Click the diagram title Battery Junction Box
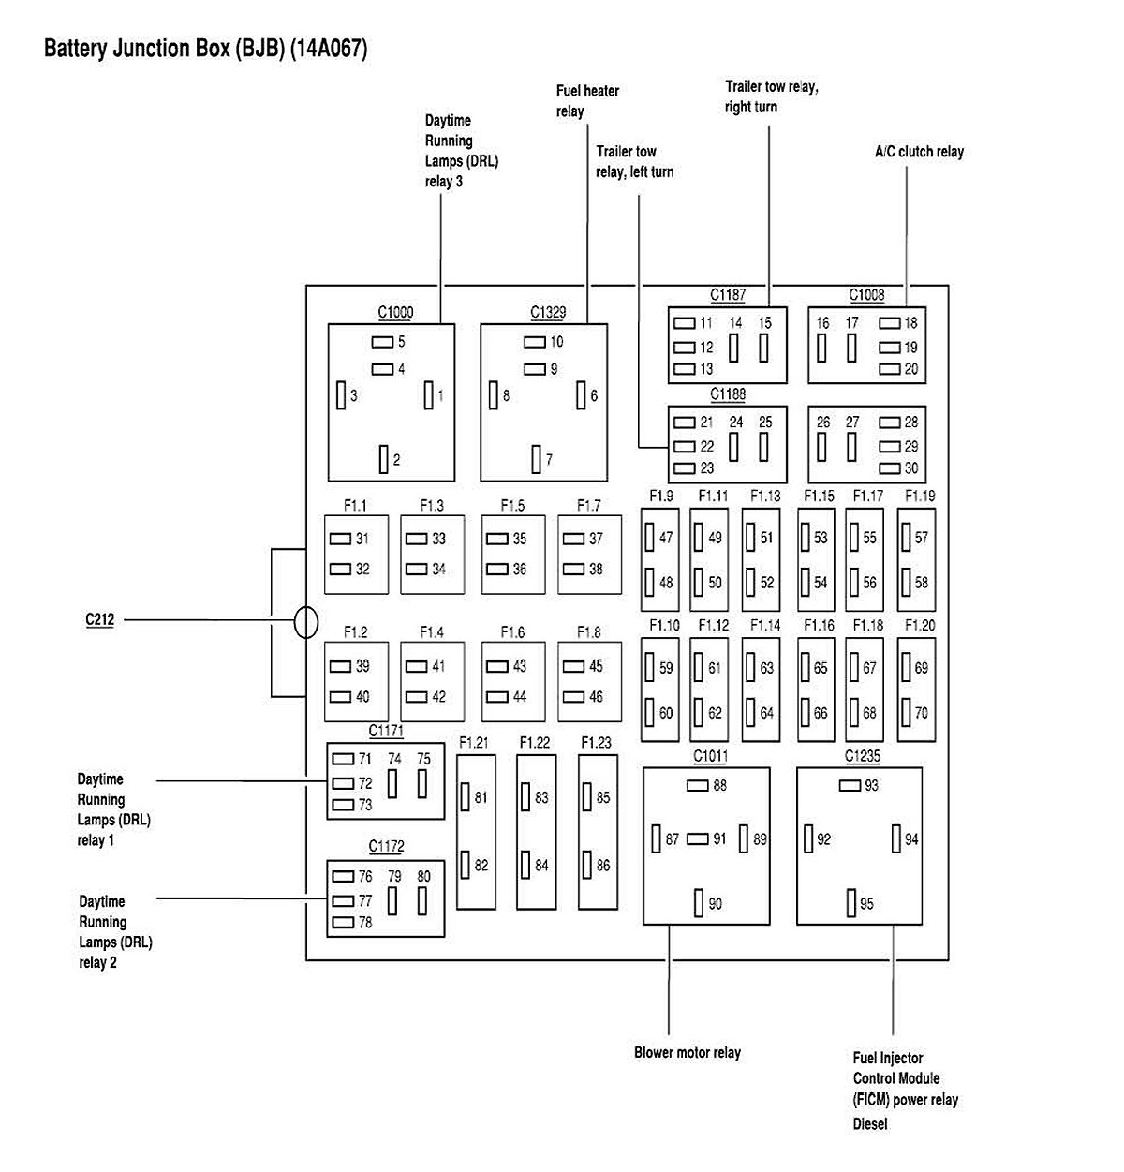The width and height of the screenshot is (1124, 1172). click(x=205, y=49)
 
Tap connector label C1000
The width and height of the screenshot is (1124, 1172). click(x=395, y=313)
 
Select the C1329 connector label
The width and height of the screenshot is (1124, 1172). click(x=548, y=313)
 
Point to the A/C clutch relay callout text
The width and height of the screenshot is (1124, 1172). click(x=919, y=152)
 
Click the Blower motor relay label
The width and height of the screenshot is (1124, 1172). click(x=687, y=1053)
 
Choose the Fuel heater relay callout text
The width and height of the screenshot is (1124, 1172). click(x=587, y=101)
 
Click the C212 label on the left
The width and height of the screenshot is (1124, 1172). click(x=99, y=619)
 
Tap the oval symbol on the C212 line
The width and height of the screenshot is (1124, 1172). click(x=306, y=622)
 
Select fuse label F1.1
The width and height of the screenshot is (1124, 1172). click(x=355, y=506)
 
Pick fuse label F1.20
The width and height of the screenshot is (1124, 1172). click(x=920, y=626)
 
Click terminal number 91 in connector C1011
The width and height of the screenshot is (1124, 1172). click(x=719, y=839)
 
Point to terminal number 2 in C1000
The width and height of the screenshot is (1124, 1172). click(x=396, y=460)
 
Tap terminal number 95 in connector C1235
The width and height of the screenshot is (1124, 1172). click(x=866, y=904)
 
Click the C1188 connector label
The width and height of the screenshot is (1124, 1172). click(x=728, y=394)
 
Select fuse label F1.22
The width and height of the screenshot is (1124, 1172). click(x=535, y=743)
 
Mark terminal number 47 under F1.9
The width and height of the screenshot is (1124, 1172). click(x=666, y=539)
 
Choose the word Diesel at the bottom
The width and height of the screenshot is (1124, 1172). click(x=870, y=1123)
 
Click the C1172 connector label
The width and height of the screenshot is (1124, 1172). click(x=386, y=847)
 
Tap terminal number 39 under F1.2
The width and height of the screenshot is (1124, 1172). click(x=362, y=666)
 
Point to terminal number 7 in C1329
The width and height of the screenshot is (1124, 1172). click(x=549, y=460)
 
